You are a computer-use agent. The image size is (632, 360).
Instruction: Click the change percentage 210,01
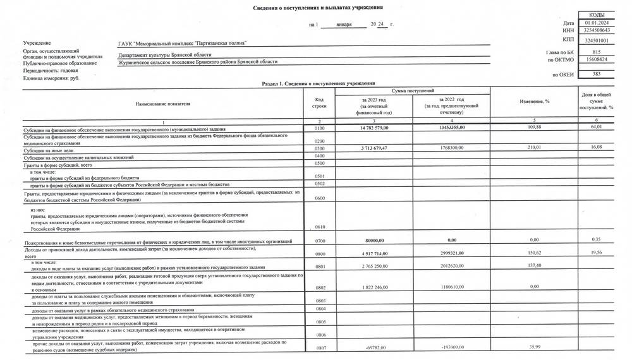[535, 148]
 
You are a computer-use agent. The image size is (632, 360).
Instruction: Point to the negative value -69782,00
[371, 347]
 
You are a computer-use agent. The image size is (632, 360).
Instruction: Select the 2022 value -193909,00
[450, 347]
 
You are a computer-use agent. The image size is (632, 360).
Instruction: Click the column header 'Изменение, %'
[535, 102]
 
